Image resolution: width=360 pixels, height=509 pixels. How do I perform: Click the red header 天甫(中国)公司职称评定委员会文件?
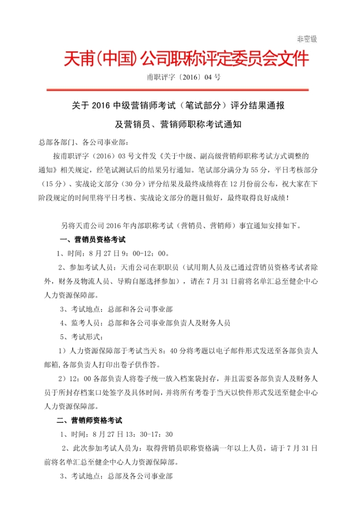[x=187, y=60]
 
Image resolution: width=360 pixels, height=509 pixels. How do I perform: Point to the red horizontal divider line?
[x=180, y=89]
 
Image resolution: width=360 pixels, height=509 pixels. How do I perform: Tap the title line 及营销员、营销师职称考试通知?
[x=180, y=124]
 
